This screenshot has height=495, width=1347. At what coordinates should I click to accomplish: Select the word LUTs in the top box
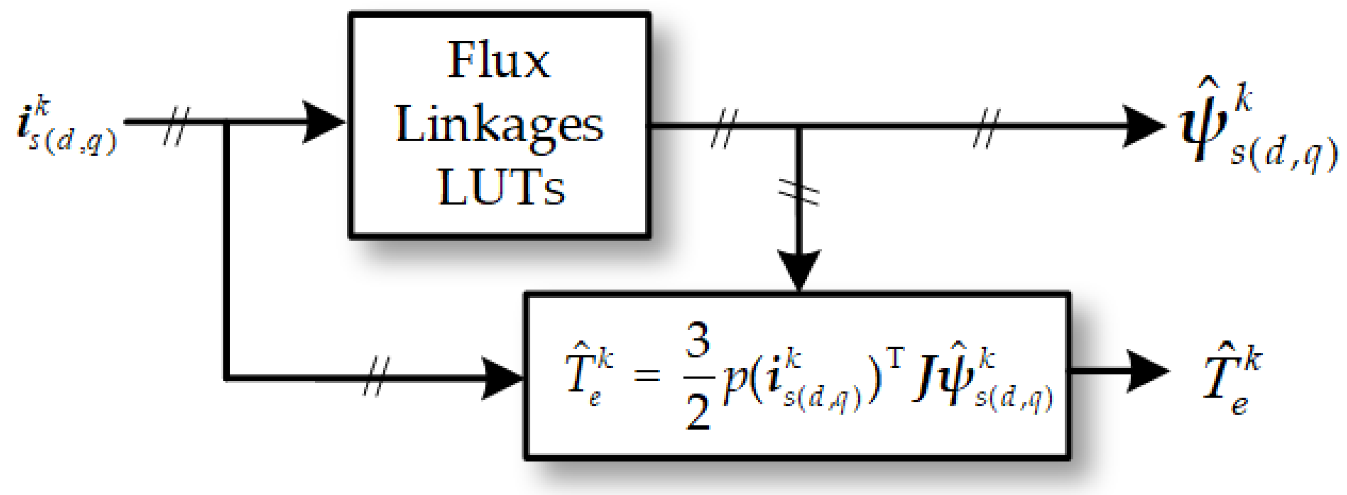pyautogui.click(x=501, y=187)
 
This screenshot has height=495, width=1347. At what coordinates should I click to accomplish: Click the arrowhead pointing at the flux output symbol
pyautogui.click(x=1143, y=126)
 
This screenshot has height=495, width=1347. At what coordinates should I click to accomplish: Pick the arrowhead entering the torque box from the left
pyautogui.click(x=501, y=378)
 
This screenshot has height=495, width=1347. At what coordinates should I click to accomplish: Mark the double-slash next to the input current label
pyautogui.click(x=176, y=125)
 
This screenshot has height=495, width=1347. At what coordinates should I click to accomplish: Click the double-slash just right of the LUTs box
pyautogui.click(x=724, y=128)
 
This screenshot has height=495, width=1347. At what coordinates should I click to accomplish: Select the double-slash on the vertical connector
pyautogui.click(x=798, y=193)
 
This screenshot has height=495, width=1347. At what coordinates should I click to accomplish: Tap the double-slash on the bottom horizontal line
pyautogui.click(x=377, y=377)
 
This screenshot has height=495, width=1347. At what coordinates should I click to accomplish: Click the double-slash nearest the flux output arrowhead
pyautogui.click(x=986, y=128)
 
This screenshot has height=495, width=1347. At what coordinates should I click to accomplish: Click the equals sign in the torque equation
pyautogui.click(x=647, y=374)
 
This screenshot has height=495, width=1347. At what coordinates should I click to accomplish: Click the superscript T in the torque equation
pyautogui.click(x=895, y=358)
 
